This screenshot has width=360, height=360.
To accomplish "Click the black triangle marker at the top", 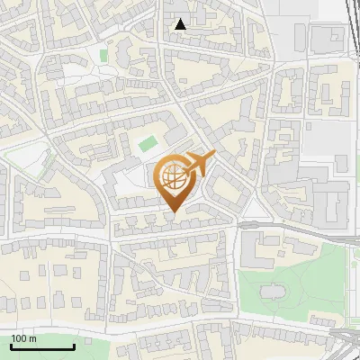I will (181, 24).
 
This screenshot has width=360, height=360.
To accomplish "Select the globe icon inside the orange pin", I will (175, 177).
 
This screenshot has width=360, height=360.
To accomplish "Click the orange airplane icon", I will (201, 164).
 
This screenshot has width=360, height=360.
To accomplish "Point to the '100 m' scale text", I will (23, 338).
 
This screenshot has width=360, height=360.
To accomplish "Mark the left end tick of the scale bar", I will (11, 346).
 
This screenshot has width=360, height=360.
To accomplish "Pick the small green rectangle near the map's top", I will (103, 56).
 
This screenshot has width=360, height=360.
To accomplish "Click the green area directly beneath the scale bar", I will (36, 355).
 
